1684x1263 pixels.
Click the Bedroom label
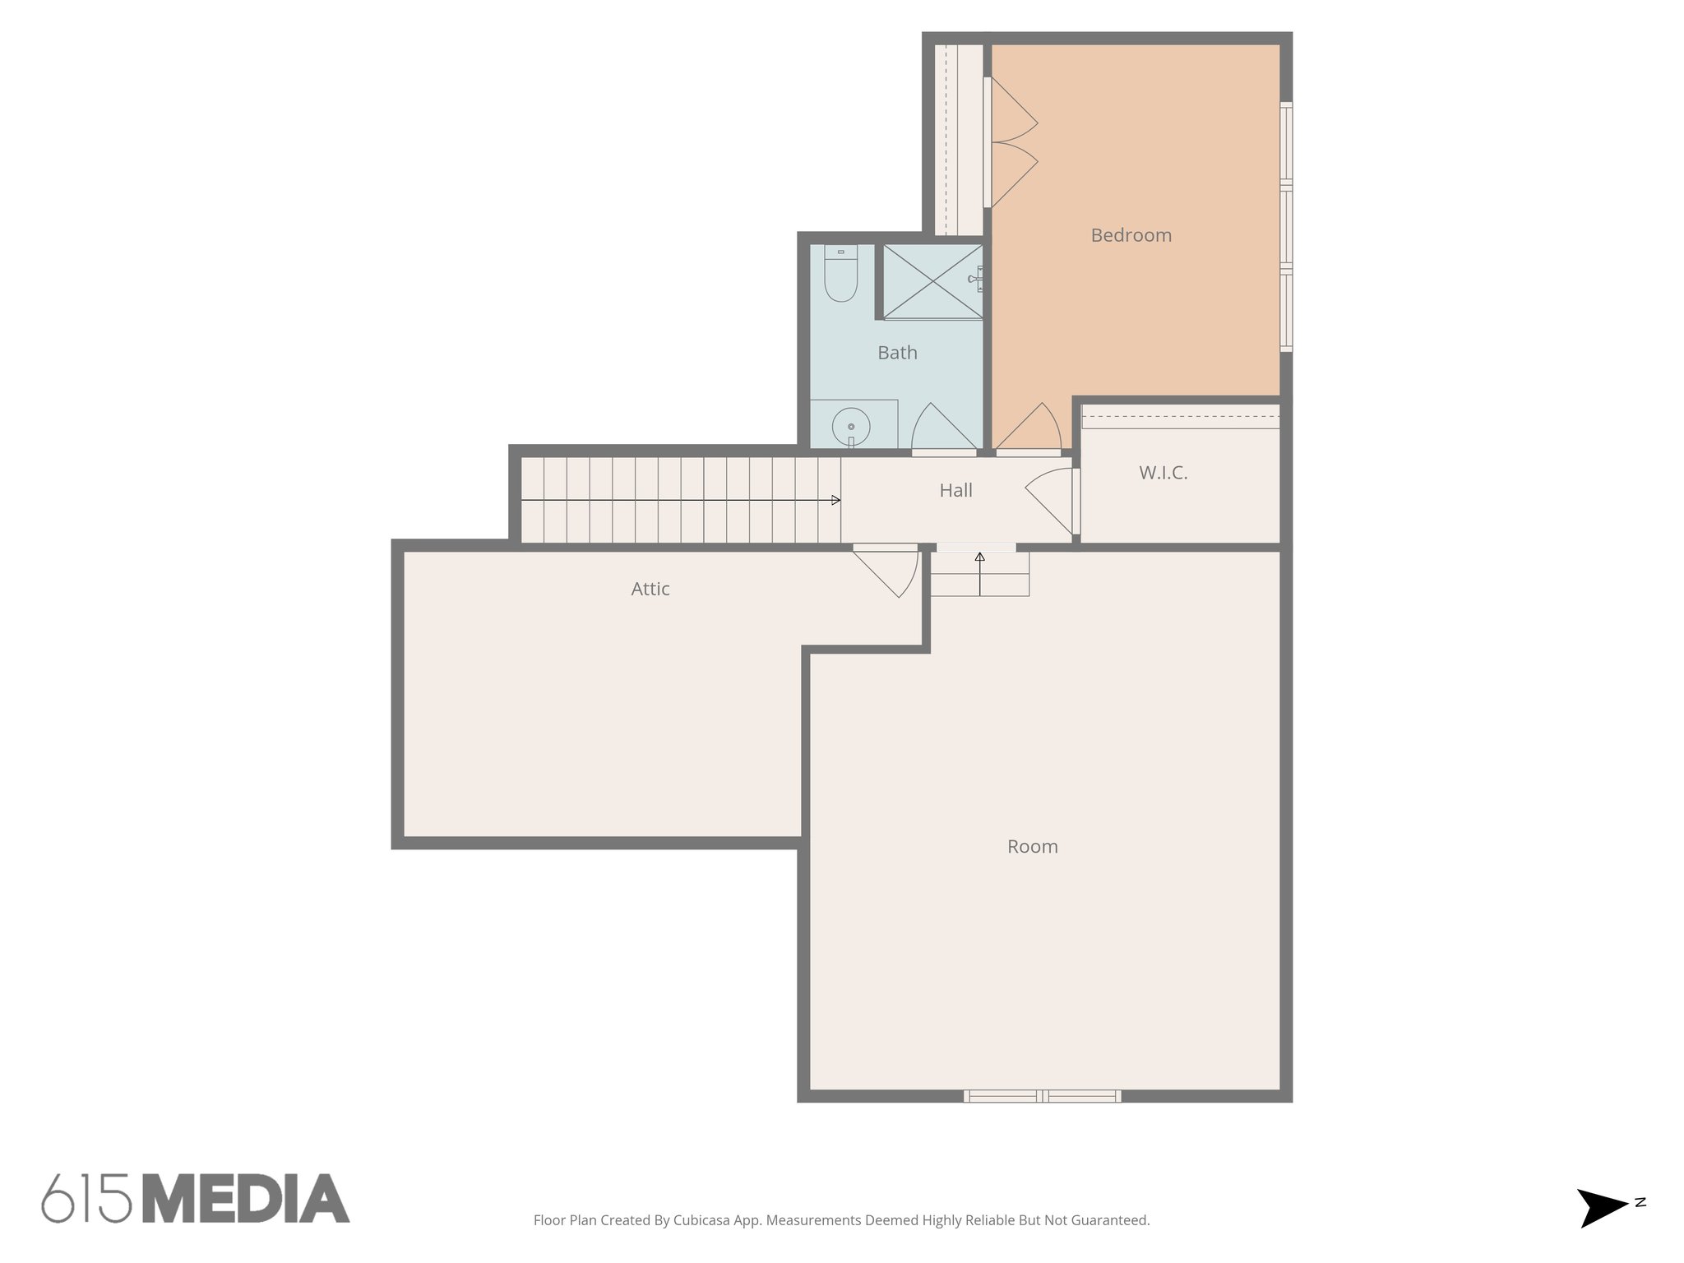click(x=1131, y=235)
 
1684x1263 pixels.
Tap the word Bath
click(x=897, y=353)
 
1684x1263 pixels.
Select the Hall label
click(x=955, y=491)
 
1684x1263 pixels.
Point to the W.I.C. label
click(x=1163, y=473)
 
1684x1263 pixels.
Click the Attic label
click(x=650, y=589)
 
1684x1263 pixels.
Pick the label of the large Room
click(x=1032, y=846)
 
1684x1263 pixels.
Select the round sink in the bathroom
click(x=851, y=427)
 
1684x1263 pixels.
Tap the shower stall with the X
click(x=932, y=281)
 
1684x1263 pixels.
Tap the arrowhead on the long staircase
click(x=835, y=500)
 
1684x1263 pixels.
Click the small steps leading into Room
click(x=979, y=573)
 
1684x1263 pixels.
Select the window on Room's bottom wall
click(x=1042, y=1095)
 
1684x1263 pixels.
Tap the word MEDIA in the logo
click(x=246, y=1199)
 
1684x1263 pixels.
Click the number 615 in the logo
click(x=86, y=1199)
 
